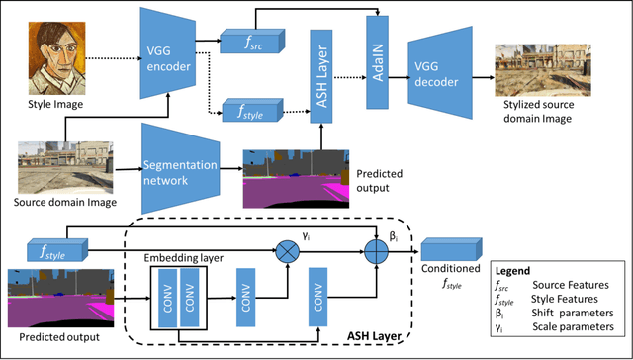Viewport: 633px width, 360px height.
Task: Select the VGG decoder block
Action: pyautogui.click(x=441, y=66)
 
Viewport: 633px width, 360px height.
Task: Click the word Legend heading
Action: pyautogui.click(x=514, y=270)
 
